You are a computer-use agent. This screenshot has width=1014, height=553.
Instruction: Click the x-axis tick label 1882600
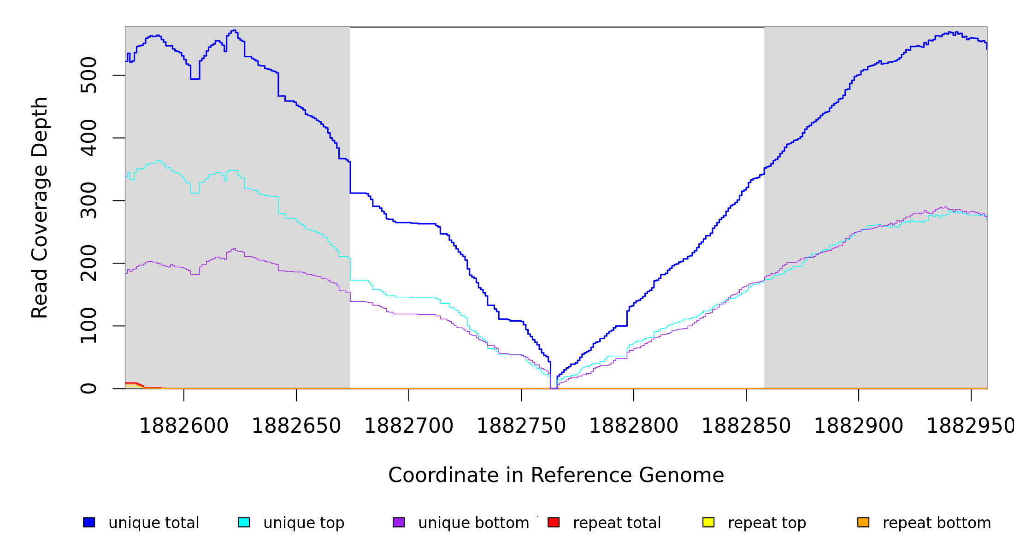click(183, 426)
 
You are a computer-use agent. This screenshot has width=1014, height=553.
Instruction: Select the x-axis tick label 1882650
click(296, 426)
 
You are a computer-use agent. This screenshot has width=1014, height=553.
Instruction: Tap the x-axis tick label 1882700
click(408, 426)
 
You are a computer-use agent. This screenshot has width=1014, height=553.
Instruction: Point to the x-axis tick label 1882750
click(521, 426)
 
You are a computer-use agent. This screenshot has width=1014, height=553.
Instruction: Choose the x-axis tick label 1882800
click(633, 426)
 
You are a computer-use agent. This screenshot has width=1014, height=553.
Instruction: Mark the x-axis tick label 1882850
click(746, 426)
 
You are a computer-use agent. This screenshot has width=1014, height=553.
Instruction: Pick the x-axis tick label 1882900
click(858, 426)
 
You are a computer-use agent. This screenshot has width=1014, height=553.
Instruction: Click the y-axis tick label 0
click(88, 388)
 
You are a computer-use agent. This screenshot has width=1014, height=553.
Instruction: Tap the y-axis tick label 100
click(88, 326)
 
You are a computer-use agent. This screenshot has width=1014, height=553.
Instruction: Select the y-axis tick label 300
click(88, 200)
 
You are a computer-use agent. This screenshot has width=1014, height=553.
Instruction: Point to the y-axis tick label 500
click(88, 75)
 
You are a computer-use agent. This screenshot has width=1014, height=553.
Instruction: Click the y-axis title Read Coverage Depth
click(40, 207)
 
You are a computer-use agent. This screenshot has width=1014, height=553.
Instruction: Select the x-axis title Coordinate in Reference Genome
click(556, 475)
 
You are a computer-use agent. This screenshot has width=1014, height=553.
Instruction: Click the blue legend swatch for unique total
click(89, 522)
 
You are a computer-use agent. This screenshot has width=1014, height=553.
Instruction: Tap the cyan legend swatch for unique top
click(244, 522)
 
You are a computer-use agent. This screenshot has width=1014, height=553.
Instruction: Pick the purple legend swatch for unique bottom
click(399, 522)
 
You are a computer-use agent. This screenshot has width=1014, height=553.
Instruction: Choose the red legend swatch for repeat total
click(554, 522)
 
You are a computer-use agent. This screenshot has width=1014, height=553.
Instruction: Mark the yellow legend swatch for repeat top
click(708, 522)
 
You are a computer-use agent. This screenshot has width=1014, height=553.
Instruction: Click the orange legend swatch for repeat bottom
click(863, 522)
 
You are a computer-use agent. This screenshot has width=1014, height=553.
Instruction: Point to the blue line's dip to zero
click(554, 388)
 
